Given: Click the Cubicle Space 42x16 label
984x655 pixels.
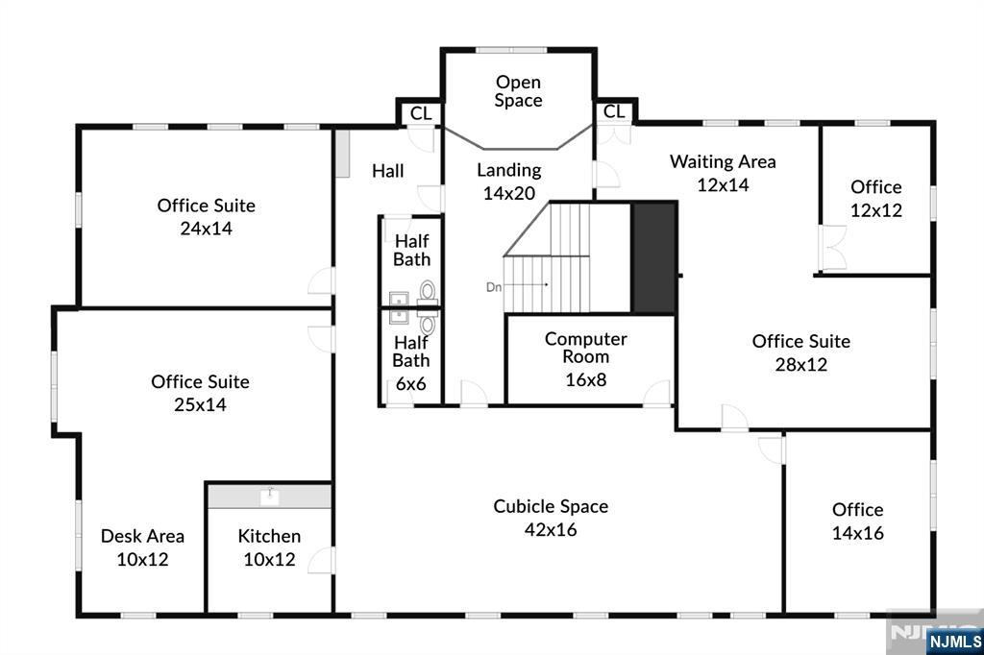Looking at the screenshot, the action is [x=551, y=518].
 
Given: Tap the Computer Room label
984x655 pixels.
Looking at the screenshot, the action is [x=585, y=348].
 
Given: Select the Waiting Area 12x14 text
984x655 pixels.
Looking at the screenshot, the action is [x=723, y=173].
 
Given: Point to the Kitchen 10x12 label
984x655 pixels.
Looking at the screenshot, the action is [x=269, y=547].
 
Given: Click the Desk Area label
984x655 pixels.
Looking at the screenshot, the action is [x=142, y=536].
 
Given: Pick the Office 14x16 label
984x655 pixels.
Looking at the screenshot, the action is [x=858, y=521].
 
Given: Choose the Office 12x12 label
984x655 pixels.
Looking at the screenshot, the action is [x=876, y=198].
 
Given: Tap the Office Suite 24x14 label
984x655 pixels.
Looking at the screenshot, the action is [x=206, y=216].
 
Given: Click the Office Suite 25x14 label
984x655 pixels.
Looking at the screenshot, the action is [x=200, y=393].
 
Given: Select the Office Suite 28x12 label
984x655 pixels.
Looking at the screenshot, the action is [x=801, y=352].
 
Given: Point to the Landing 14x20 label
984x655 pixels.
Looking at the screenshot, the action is [x=509, y=182].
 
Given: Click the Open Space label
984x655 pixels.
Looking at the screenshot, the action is [x=518, y=91].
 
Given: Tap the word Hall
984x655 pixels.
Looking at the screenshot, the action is [x=388, y=171].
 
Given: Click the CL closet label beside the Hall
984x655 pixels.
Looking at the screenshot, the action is [x=421, y=113].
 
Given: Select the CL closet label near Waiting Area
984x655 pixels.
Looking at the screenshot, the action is [x=614, y=111].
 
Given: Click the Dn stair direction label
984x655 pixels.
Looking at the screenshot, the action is [x=494, y=287].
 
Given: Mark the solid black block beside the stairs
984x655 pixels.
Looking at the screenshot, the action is [x=653, y=257].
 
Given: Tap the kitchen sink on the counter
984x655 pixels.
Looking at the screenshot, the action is [x=270, y=497].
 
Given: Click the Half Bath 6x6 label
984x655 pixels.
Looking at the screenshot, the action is [x=411, y=363].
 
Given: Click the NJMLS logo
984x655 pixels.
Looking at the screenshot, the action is [x=954, y=642].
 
